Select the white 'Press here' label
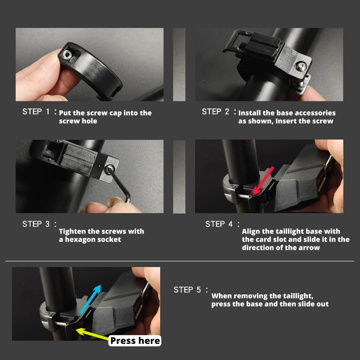coord(135,341)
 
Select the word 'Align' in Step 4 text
coord(251,231)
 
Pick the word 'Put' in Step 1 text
coord(65,113)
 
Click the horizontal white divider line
coord(180,261)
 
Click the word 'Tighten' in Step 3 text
coord(73,231)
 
